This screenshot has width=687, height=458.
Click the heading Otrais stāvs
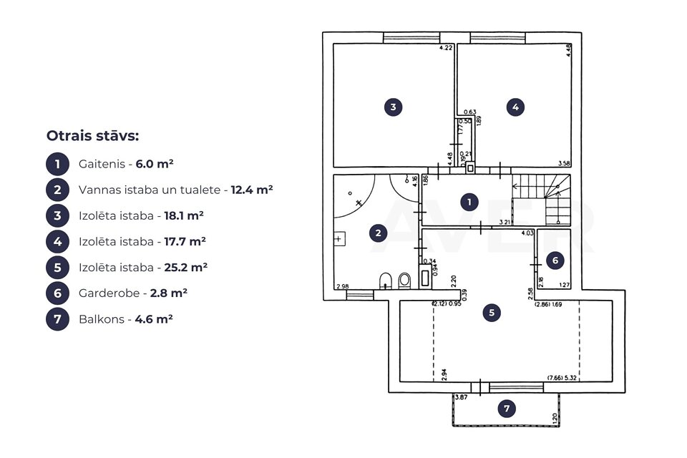[92, 136]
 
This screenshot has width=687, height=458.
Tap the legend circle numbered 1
[57, 164]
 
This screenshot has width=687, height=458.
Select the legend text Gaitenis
[99, 164]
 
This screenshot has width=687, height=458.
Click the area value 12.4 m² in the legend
[252, 190]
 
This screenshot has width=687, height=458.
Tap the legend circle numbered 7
[57, 318]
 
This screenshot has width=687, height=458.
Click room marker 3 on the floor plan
[393, 107]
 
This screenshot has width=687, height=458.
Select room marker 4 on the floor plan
[515, 107]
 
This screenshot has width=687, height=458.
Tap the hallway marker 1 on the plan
[469, 202]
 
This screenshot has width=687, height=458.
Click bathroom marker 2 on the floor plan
[378, 232]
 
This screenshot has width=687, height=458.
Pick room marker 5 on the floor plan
[491, 312]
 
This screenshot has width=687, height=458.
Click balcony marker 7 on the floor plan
[507, 409]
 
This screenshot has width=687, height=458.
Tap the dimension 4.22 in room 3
[445, 49]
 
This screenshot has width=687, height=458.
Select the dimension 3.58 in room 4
[563, 163]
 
